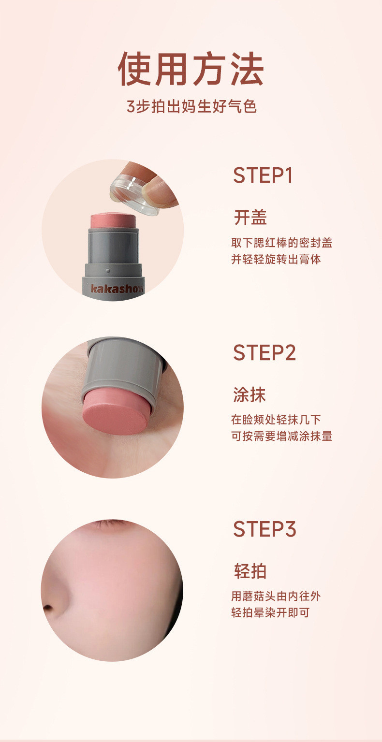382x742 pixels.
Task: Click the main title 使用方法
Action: (191, 69)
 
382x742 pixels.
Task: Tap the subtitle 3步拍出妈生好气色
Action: (191, 107)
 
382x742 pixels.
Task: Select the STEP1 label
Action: (263, 175)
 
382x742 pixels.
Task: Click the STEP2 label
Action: (264, 352)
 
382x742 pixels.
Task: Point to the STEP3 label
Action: (264, 529)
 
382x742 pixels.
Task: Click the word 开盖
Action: (250, 218)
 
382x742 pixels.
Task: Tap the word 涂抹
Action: (250, 394)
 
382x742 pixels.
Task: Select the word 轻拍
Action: (250, 571)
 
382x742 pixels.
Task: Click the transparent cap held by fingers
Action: (134, 195)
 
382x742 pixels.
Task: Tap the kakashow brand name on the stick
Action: (117, 289)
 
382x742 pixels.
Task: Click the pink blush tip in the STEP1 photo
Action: (113, 220)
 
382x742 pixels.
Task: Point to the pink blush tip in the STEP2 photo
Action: (116, 412)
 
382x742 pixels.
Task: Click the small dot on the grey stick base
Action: (108, 270)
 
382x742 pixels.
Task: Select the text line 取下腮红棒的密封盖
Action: (281, 243)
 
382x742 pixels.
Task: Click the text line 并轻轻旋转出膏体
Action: (276, 259)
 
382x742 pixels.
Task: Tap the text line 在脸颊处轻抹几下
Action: (276, 420)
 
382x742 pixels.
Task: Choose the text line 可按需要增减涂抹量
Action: (281, 436)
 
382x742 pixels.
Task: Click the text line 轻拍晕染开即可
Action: (270, 612)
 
